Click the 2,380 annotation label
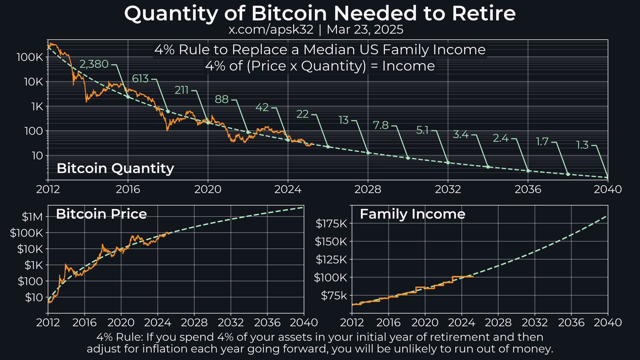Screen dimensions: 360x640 point(94,64)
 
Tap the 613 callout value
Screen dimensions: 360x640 point(140,78)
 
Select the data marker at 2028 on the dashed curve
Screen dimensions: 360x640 point(368,153)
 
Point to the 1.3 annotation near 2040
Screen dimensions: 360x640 point(582,145)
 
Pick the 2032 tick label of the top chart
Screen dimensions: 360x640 point(448,189)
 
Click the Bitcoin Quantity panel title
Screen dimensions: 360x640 point(115,168)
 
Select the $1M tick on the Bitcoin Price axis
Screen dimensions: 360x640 point(32,217)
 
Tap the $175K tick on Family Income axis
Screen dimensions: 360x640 point(331,223)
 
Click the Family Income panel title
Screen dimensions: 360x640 point(412,214)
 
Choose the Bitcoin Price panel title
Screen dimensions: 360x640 point(101,214)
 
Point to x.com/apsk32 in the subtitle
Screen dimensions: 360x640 point(271,30)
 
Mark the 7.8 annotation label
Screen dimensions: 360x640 point(381,125)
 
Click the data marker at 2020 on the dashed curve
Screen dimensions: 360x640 point(208,122)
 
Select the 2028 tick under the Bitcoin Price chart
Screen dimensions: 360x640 point(194,322)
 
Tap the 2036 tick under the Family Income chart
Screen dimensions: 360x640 point(571,322)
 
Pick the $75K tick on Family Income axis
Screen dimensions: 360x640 point(334,295)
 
